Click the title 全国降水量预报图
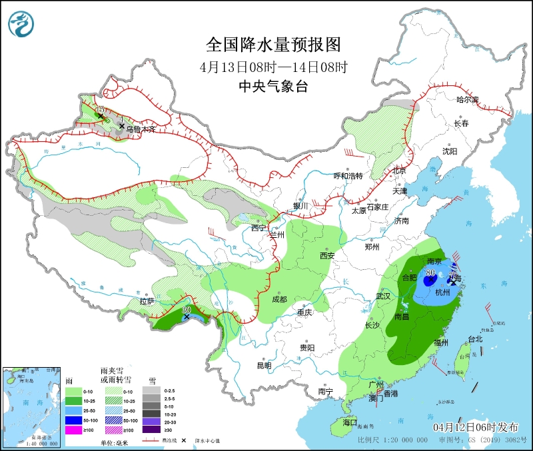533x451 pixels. click(x=274, y=45)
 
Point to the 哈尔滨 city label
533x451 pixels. click(x=467, y=100)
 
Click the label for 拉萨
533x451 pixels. click(x=147, y=301)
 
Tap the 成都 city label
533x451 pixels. click(x=279, y=299)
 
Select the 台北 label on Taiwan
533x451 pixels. click(x=475, y=339)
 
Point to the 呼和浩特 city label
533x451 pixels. click(x=348, y=176)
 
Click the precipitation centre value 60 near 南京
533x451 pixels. click(x=430, y=272)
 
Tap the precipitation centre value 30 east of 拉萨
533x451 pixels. click(x=187, y=310)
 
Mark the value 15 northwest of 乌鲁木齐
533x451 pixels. click(x=101, y=109)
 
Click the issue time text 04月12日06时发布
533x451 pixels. click(x=479, y=426)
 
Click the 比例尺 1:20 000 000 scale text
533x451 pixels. click(x=392, y=440)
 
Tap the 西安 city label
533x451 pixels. click(x=326, y=255)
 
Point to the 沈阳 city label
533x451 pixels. click(x=450, y=151)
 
